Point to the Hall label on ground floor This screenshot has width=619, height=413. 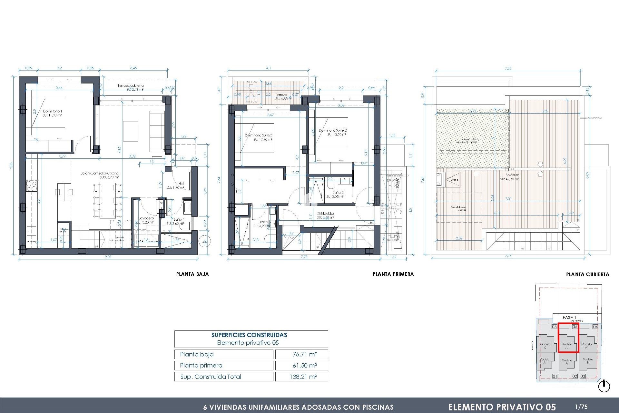pyautogui.click(x=181, y=183)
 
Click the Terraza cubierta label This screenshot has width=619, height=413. pyautogui.click(x=130, y=86)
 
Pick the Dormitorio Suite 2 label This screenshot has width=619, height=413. pyautogui.click(x=333, y=130)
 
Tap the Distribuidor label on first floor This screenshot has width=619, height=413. pyautogui.click(x=325, y=213)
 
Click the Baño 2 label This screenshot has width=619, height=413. pyautogui.click(x=338, y=192)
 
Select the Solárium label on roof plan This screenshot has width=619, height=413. pyautogui.click(x=512, y=175)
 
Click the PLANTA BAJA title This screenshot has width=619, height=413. pyautogui.click(x=192, y=274)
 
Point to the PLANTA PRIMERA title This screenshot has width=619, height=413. pyautogui.click(x=393, y=274)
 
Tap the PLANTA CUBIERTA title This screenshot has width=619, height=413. pyautogui.click(x=587, y=275)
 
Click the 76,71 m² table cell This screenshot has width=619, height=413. pyautogui.click(x=304, y=354)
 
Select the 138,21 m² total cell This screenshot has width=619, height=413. pyautogui.click(x=303, y=377)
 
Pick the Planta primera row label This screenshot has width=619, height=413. pyautogui.click(x=201, y=366)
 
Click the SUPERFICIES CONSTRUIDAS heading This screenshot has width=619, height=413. pyautogui.click(x=249, y=335)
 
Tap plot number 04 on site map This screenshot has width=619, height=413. pyautogui.click(x=595, y=327)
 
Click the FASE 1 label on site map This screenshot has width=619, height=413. pyautogui.click(x=569, y=317)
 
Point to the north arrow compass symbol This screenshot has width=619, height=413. pyautogui.click(x=604, y=387)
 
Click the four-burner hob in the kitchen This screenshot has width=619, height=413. pyautogui.click(x=31, y=186)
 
